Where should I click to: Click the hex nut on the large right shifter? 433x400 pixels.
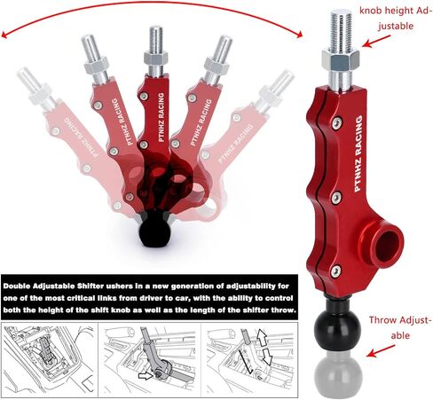tap(341, 60)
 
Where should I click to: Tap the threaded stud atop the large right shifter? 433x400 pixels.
tap(341, 28)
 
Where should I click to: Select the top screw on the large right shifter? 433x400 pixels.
tap(337, 123)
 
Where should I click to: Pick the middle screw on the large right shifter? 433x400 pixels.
tap(336, 198)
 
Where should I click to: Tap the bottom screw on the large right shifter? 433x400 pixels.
tap(335, 271)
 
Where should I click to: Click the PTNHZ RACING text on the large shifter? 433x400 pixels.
tap(358, 153)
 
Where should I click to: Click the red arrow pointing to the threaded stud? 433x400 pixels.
tap(376, 42)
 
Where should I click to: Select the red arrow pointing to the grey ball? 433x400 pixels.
tap(380, 350)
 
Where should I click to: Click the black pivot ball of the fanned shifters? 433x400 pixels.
tap(154, 233)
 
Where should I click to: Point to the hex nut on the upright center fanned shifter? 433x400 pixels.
tap(156, 58)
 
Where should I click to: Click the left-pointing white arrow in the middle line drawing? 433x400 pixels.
tap(146, 376)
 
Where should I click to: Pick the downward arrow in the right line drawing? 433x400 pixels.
tap(267, 357)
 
